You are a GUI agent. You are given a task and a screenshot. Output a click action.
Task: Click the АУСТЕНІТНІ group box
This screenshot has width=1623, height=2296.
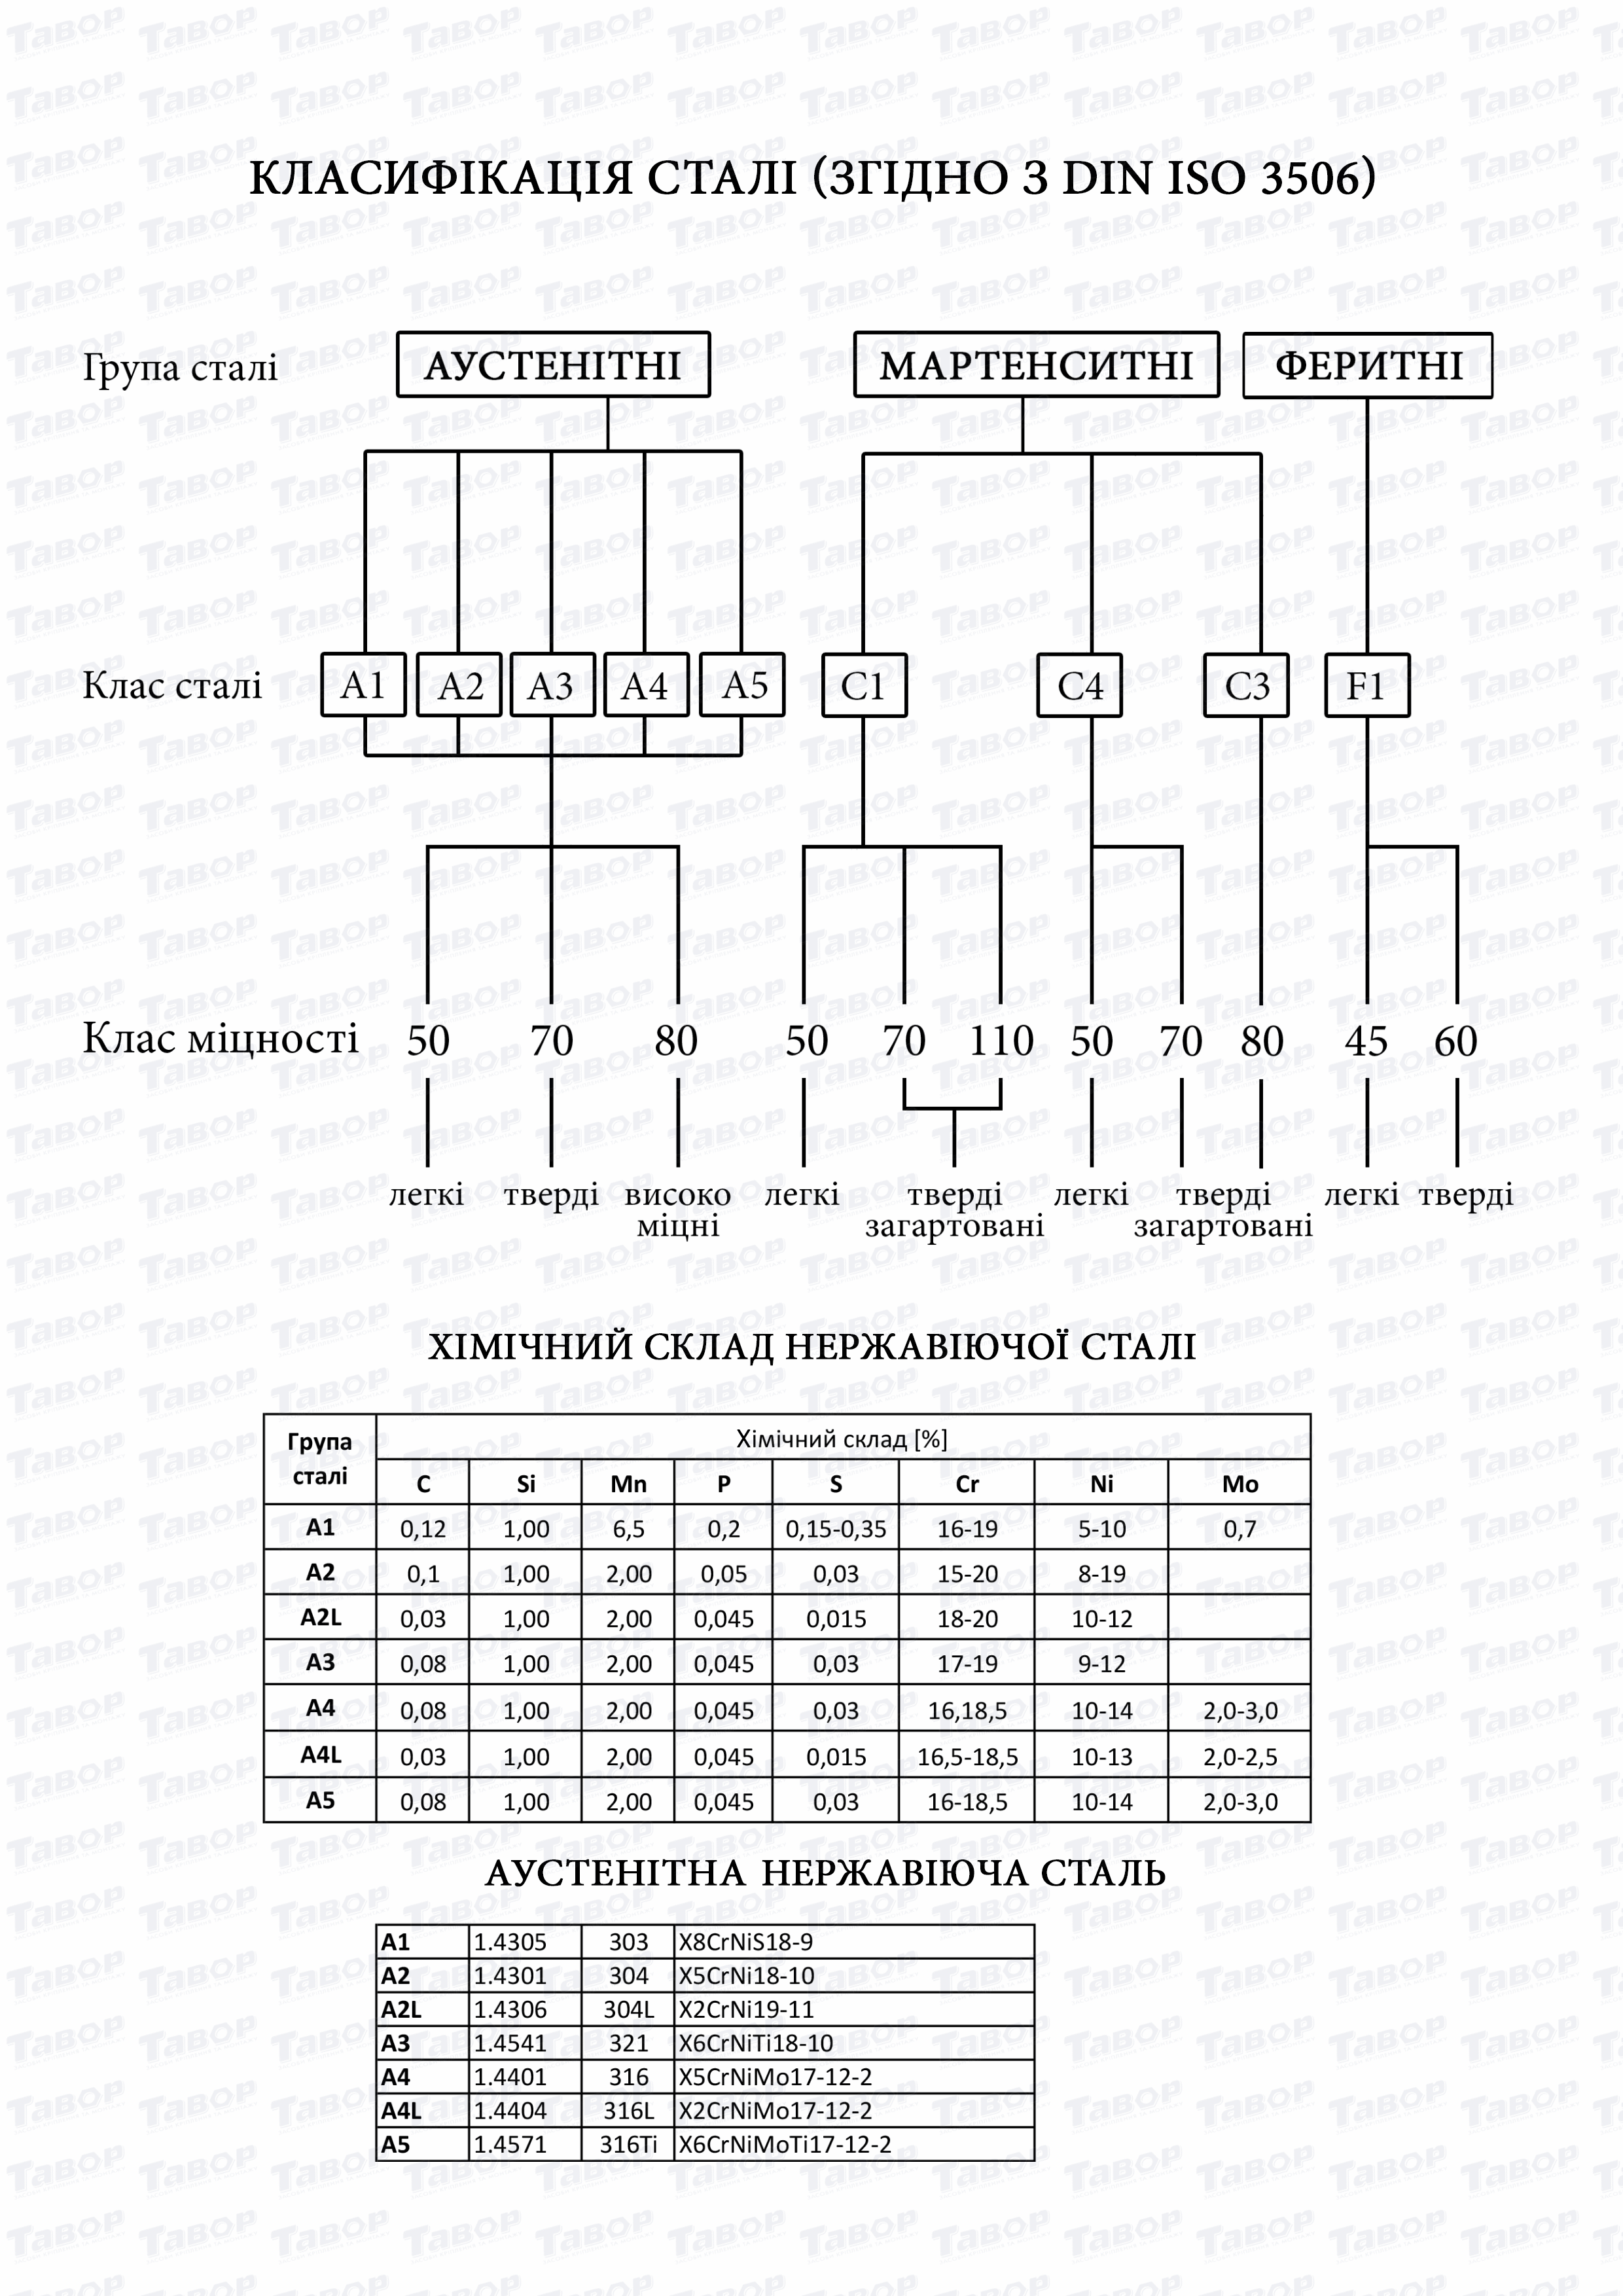[553, 366]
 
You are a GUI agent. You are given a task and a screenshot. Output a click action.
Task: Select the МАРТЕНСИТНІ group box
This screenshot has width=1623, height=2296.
[1036, 366]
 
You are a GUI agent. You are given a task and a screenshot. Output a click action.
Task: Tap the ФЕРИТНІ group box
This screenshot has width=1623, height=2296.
[1367, 366]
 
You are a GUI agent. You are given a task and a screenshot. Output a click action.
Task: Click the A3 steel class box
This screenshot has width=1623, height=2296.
[552, 686]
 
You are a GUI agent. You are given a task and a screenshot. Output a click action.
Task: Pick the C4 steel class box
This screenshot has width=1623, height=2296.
[1079, 686]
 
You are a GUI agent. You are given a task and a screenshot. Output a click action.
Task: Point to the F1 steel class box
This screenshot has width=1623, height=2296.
[1366, 686]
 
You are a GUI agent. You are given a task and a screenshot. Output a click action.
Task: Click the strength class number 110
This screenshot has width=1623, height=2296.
[1001, 1041]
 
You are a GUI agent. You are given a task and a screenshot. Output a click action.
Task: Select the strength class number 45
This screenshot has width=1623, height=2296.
[1366, 1041]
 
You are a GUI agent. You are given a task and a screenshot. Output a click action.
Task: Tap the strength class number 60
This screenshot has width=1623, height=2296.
[1455, 1041]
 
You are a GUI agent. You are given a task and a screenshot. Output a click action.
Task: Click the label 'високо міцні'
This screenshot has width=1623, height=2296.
[678, 1210]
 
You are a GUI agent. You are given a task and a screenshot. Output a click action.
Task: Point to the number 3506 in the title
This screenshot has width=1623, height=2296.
[1308, 178]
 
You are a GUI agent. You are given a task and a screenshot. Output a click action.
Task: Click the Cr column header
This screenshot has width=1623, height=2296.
[967, 1484]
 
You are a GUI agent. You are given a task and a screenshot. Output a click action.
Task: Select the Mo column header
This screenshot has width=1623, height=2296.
[1240, 1484]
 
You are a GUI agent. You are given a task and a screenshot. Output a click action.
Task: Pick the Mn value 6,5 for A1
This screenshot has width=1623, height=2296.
[628, 1529]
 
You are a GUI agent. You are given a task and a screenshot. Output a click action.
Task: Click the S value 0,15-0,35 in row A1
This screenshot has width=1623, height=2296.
[836, 1529]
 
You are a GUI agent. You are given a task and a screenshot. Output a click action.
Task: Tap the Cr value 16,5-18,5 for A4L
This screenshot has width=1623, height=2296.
[967, 1757]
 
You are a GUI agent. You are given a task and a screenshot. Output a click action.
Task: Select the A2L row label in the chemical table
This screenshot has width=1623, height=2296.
[320, 1617]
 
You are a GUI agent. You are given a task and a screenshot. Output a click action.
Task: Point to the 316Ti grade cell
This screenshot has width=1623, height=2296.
[628, 2144]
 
